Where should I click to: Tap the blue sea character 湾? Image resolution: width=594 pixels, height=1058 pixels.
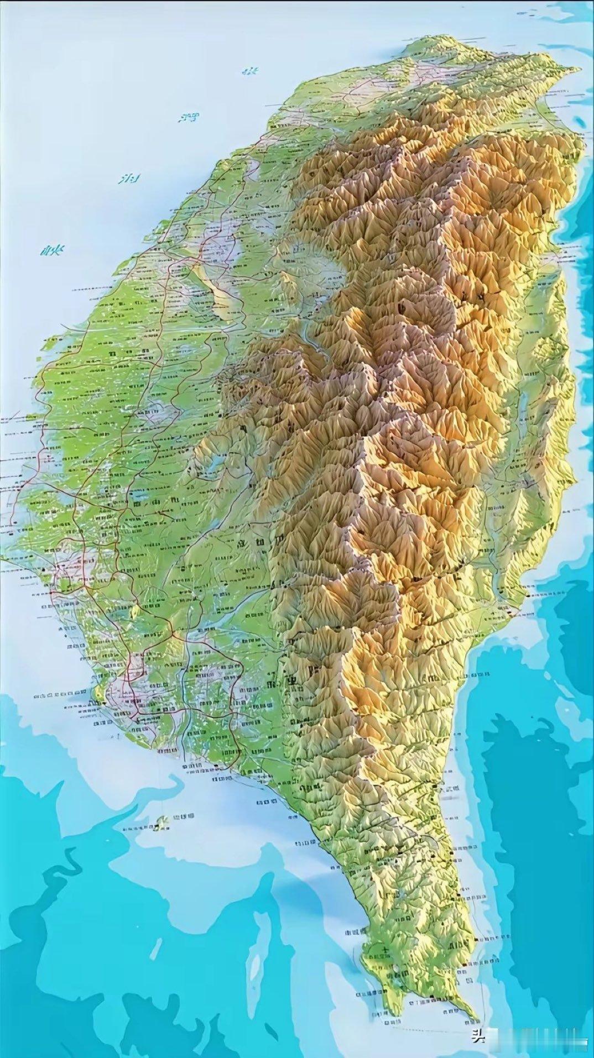click(x=187, y=117)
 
